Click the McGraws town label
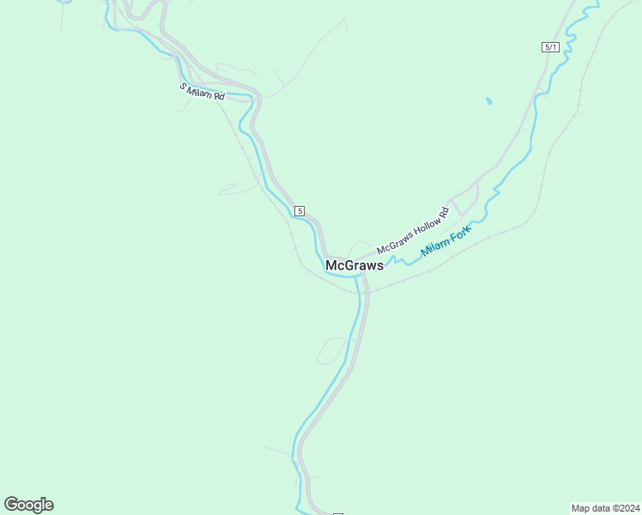point(354,266)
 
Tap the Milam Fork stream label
point(445,242)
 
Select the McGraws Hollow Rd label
point(413,231)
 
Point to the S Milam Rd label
point(202,92)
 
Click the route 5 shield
point(299,210)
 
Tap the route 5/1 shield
point(550,47)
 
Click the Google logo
point(28,505)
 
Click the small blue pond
point(489,101)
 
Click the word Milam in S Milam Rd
point(201,92)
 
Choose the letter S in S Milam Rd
point(183,86)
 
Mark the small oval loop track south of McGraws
point(332,350)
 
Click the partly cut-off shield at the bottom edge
point(337,513)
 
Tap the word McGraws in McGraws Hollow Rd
point(392,243)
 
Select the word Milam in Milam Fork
point(437,248)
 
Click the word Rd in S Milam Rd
point(219,97)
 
